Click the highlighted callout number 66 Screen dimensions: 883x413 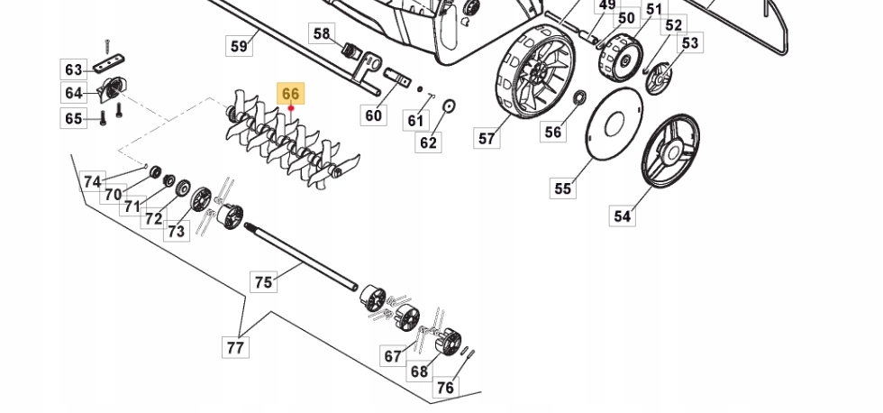[290, 93]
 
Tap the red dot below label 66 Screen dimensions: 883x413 [291, 108]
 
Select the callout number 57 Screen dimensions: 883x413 [487, 137]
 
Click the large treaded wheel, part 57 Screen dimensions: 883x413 [535, 69]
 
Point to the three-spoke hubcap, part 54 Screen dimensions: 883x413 [670, 151]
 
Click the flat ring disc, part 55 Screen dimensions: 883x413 [614, 124]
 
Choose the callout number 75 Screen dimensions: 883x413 [263, 281]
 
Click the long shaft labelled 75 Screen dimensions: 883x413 [301, 256]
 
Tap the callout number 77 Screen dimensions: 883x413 [235, 346]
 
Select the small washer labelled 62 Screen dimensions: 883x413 [449, 106]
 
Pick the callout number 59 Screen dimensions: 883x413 [240, 45]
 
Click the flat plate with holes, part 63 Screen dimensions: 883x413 [109, 63]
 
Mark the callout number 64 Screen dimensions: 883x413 [74, 92]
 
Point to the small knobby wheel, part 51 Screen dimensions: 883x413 [621, 57]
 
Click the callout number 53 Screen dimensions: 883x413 [690, 42]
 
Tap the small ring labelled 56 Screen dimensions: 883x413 [578, 97]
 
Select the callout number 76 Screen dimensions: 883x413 [445, 387]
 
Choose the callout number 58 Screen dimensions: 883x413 [322, 33]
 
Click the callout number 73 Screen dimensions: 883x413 [177, 231]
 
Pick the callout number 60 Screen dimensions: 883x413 [373, 115]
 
